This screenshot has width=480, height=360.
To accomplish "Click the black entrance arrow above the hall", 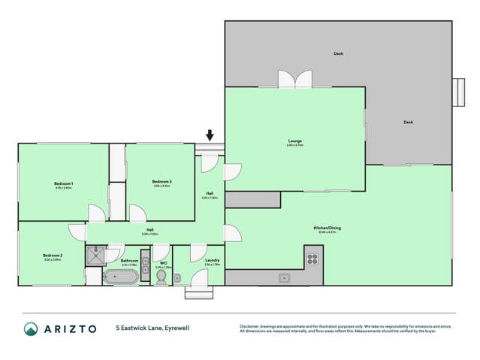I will click(209, 136).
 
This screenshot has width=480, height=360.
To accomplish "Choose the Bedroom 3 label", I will click(162, 181).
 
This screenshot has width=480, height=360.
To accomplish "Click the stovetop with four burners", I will click(313, 260).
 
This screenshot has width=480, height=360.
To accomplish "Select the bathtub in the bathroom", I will click(120, 277).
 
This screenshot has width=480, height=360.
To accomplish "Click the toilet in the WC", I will click(161, 277).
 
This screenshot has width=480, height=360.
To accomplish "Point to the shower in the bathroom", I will click(95, 256).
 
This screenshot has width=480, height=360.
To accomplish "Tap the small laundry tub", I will click(178, 278).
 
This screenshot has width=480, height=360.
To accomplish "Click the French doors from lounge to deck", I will click(294, 79).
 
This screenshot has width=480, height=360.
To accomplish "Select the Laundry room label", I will click(212, 261).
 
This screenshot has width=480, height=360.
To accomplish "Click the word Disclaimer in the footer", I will click(250, 326).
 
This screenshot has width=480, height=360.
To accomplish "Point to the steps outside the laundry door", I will click(199, 292).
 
